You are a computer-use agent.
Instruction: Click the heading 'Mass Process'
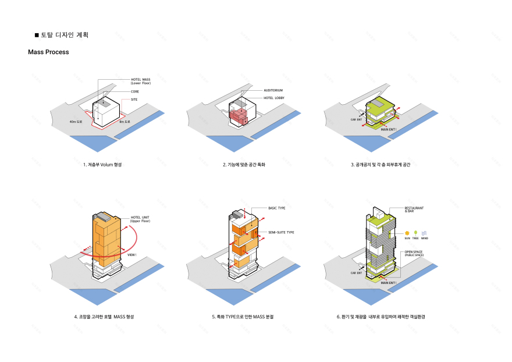(x=48, y=52)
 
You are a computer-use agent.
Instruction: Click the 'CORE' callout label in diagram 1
(x=135, y=91)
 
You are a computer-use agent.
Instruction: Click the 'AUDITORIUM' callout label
(x=273, y=91)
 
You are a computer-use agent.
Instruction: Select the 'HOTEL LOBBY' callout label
(x=274, y=98)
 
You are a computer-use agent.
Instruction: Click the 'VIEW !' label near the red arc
(x=132, y=254)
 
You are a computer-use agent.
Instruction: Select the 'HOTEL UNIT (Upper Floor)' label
(x=140, y=219)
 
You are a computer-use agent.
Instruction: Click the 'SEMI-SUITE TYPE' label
(x=281, y=232)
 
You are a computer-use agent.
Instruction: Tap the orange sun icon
(x=407, y=232)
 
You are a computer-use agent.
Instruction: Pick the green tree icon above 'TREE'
(x=415, y=232)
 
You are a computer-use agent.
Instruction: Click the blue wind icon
(x=424, y=232)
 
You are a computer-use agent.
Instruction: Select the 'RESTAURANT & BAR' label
(x=414, y=210)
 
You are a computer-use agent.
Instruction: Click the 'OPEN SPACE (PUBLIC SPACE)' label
(x=414, y=254)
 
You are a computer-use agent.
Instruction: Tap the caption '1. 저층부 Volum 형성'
(x=102, y=165)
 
